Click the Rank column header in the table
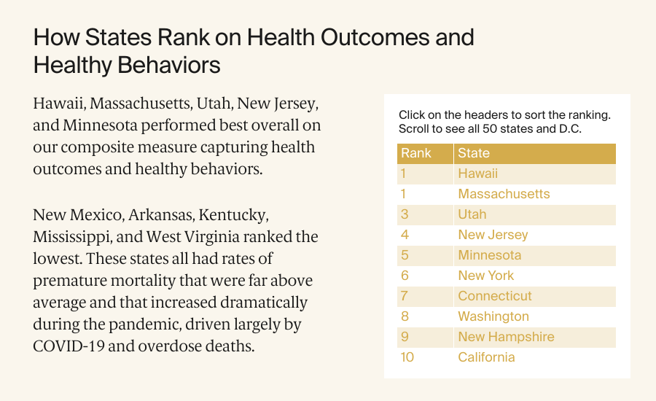(x=416, y=153)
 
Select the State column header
(x=474, y=153)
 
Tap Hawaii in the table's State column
(x=477, y=174)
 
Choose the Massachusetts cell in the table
(x=504, y=194)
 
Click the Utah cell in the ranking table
(x=472, y=214)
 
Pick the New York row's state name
(x=485, y=276)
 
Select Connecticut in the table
(x=495, y=296)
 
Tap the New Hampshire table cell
(x=506, y=337)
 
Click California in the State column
(x=486, y=357)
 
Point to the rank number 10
(x=407, y=357)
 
